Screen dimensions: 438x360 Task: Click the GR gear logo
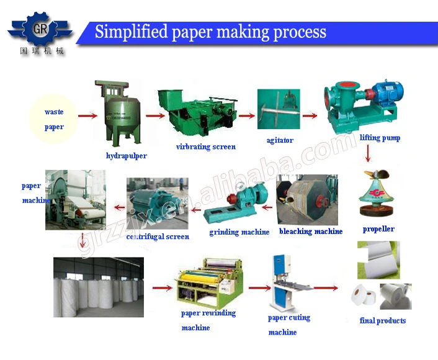point(40,29)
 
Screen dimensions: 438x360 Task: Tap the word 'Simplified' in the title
point(131,31)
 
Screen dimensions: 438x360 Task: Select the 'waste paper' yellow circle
point(53,119)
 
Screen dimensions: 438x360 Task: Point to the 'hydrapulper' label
point(127,156)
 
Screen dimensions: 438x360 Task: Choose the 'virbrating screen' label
point(206,146)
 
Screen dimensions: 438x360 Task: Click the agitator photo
point(279,109)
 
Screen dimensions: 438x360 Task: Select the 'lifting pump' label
point(380,138)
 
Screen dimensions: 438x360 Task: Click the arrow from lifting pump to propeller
point(368,153)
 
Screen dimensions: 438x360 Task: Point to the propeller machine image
point(376,192)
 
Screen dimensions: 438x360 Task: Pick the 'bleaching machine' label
point(311,232)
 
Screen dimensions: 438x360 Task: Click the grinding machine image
point(236,202)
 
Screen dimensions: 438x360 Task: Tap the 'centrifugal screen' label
point(158,236)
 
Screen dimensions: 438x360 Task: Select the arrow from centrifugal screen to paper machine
point(120,207)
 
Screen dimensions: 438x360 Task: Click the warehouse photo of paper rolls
point(99,287)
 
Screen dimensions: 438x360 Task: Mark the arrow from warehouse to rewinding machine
point(163,287)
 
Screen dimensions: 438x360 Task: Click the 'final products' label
point(383,321)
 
